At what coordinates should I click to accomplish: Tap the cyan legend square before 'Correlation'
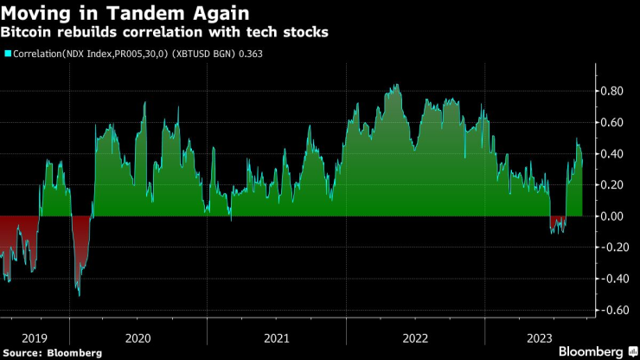coord(8,54)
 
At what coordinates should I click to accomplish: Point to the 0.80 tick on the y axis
coord(614,91)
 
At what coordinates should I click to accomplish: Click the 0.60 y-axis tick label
coord(614,122)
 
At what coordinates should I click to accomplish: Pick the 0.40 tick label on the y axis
coord(614,153)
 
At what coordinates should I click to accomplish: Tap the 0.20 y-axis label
coord(614,184)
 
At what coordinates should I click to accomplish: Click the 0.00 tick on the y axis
coord(614,216)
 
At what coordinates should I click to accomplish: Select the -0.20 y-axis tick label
coord(612,247)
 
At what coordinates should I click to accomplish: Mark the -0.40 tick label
coord(612,279)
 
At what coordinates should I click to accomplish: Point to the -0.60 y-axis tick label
coord(612,310)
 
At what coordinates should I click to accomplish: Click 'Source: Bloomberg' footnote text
coord(52,352)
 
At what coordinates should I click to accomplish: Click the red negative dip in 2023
coord(558,224)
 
